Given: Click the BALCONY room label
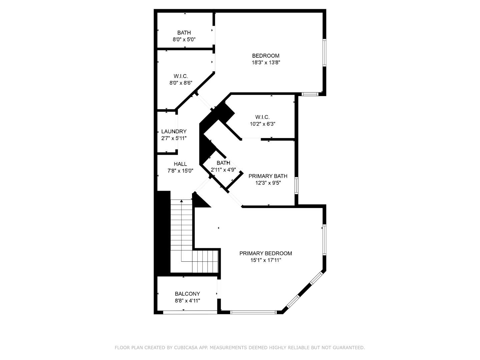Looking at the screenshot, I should click(187, 294).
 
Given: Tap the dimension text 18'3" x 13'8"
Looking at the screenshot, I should click(266, 62).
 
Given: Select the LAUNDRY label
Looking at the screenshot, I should click(174, 131).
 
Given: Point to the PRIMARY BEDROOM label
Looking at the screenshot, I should click(266, 253).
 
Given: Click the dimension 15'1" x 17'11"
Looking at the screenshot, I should click(266, 260).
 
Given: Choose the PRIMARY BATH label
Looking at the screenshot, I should click(268, 176).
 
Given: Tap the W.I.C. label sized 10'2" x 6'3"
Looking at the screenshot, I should click(262, 117).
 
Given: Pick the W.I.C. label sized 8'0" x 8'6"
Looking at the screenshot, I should click(181, 76).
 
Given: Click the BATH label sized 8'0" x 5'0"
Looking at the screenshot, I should click(184, 33).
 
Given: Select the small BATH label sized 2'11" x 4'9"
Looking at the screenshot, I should click(223, 163).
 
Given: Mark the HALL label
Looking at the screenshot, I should click(180, 164).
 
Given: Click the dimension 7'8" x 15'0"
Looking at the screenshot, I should click(180, 171).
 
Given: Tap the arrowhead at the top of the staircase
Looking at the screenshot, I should click(181, 201).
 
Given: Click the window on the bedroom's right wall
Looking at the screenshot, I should click(324, 53).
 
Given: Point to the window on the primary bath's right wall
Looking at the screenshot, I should click(296, 185).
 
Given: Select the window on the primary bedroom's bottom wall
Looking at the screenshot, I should click(253, 312).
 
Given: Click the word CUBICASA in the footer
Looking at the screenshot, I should click(184, 348).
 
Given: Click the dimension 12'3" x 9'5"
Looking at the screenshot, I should click(268, 183).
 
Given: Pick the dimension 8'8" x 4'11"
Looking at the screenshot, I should click(187, 300).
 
